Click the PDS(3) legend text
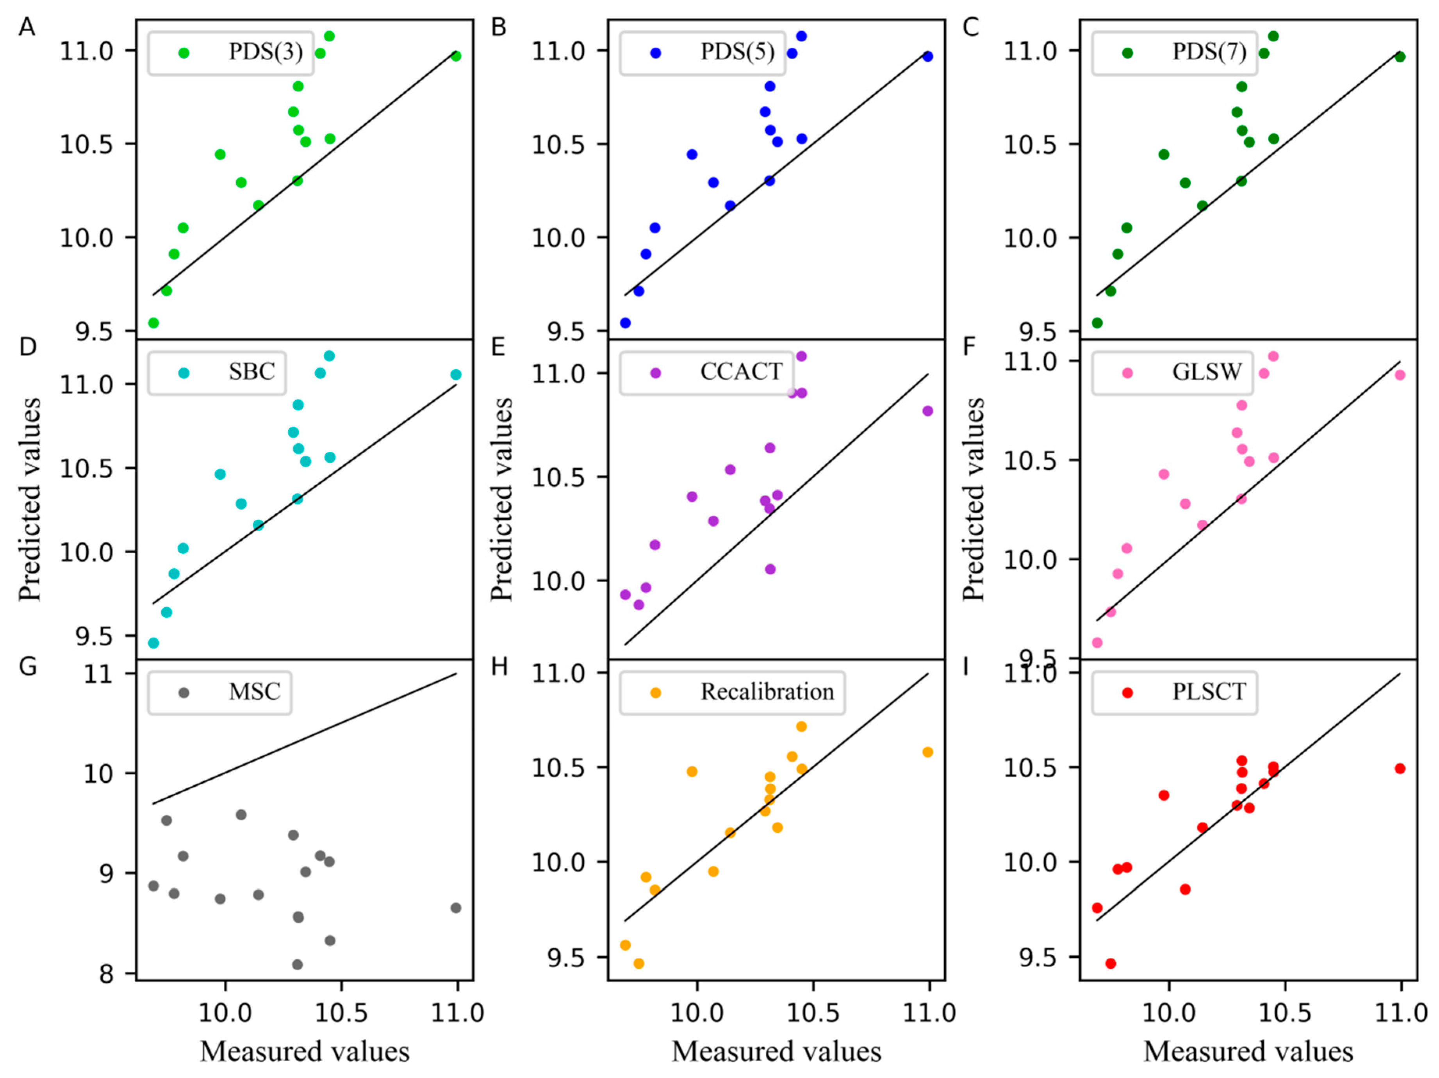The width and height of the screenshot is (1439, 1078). [x=266, y=52]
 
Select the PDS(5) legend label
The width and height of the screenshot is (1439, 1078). [x=737, y=52]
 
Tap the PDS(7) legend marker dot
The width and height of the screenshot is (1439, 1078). [x=1127, y=53]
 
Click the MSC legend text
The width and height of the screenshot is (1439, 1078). [x=254, y=691]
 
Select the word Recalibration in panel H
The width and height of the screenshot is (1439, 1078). [x=767, y=691]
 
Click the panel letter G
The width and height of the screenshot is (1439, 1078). [x=27, y=668]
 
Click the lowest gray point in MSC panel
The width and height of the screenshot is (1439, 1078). [x=297, y=964]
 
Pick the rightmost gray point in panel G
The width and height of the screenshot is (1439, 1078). [x=456, y=907]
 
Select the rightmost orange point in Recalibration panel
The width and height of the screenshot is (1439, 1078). [x=928, y=752]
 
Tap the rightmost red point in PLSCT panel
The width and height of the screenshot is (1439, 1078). [x=1400, y=768]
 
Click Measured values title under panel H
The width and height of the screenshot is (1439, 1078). [x=776, y=1051]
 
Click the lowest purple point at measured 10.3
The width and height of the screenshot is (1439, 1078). [x=770, y=569]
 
